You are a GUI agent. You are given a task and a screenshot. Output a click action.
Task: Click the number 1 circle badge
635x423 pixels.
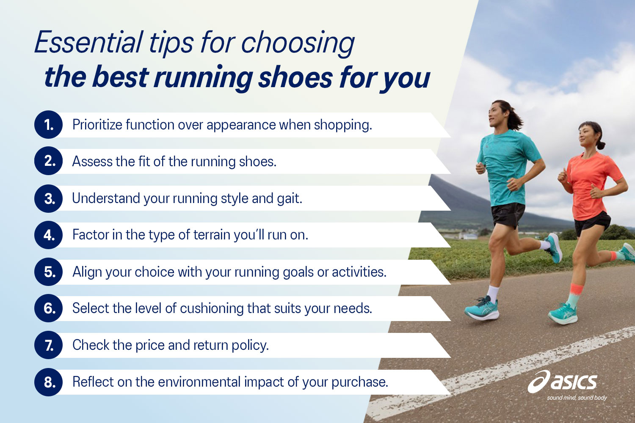[49, 125]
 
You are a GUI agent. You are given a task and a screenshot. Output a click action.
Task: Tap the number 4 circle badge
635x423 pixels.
[49, 235]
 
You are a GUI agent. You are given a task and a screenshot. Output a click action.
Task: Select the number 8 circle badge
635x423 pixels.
[49, 382]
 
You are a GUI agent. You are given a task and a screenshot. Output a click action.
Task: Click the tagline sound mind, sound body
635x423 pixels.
[577, 398]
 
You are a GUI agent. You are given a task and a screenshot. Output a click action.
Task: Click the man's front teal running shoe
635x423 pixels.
[482, 309]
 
